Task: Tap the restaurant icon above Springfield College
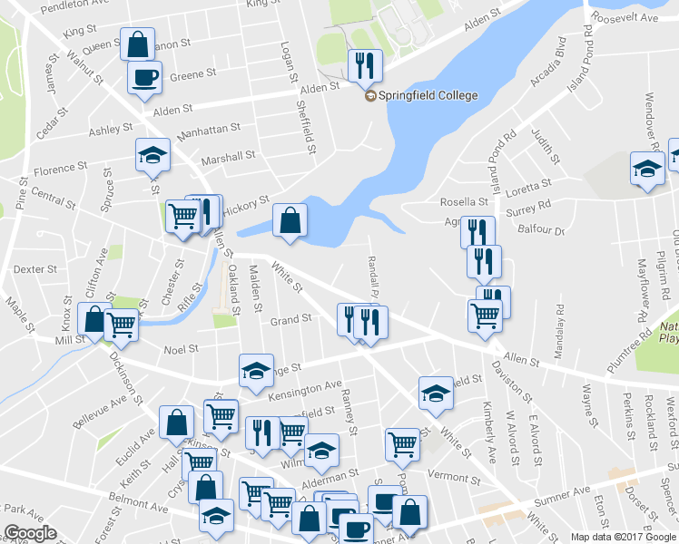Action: coord(365,64)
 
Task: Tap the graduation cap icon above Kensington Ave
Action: coord(256,370)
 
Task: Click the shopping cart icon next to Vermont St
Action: coord(402,444)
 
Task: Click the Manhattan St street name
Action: coord(210,132)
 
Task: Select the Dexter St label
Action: coord(36,269)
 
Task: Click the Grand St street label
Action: coord(290,319)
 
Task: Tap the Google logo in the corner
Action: coord(30,533)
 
